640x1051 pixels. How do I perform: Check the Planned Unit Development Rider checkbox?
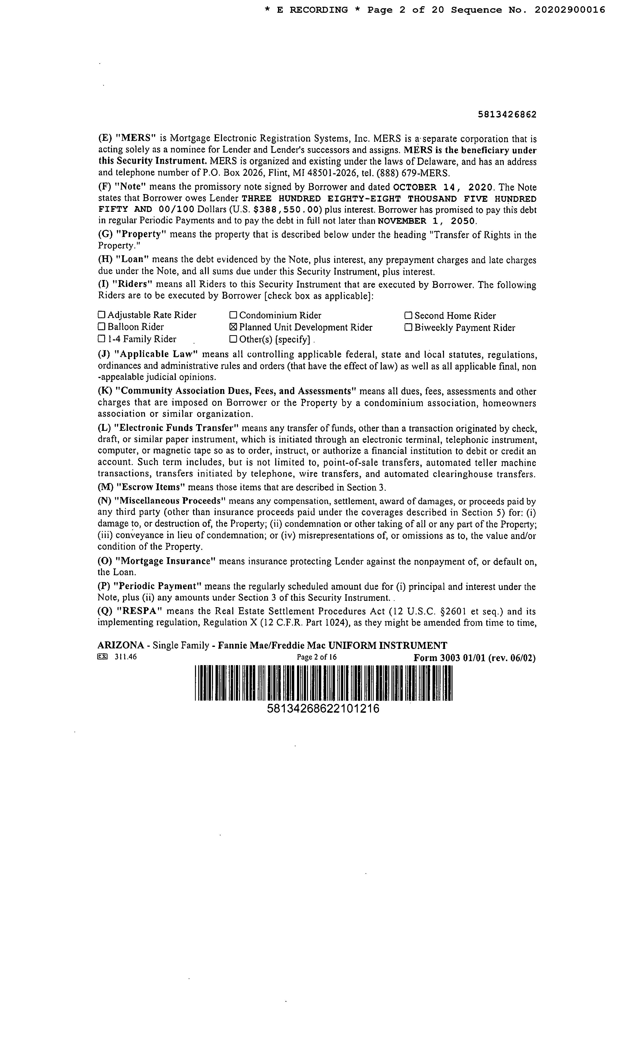pyautogui.click(x=233, y=327)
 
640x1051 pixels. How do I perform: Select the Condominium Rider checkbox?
pyautogui.click(x=233, y=315)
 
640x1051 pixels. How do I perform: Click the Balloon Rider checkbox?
pyautogui.click(x=101, y=327)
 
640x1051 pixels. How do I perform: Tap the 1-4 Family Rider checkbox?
pyautogui.click(x=101, y=339)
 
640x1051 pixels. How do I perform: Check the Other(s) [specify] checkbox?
pyautogui.click(x=233, y=339)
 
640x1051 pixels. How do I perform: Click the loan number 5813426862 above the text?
pyautogui.click(x=507, y=115)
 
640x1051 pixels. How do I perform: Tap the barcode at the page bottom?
pyautogui.click(x=323, y=683)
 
